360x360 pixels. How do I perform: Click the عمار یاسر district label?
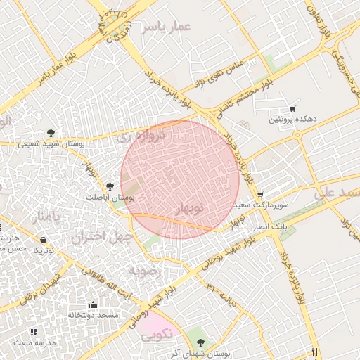(x=165, y=27)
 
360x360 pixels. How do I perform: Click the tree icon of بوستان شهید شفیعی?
(x=51, y=132)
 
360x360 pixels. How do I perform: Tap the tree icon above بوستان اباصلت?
(x=110, y=186)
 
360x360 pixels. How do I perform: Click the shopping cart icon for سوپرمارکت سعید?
(x=260, y=195)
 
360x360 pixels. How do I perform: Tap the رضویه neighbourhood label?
(x=146, y=271)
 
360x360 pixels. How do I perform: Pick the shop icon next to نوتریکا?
(x=44, y=240)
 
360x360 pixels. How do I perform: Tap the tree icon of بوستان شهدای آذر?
(x=202, y=342)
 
